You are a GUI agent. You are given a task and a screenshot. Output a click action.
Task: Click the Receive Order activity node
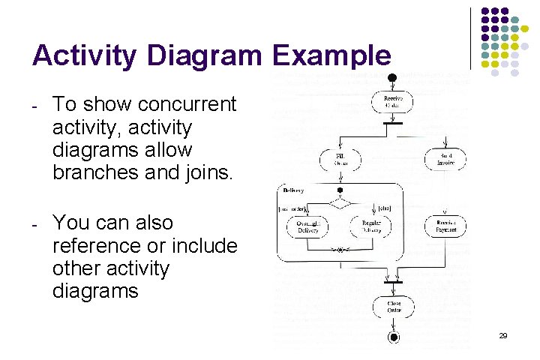pyautogui.click(x=393, y=102)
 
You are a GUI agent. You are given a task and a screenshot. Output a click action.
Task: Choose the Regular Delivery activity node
pyautogui.click(x=371, y=226)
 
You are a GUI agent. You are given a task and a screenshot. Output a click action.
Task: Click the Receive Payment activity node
pyautogui.click(x=446, y=226)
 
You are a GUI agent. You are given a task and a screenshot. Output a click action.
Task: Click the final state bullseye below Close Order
pyautogui.click(x=393, y=337)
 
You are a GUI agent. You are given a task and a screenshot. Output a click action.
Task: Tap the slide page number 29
pyautogui.click(x=503, y=336)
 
